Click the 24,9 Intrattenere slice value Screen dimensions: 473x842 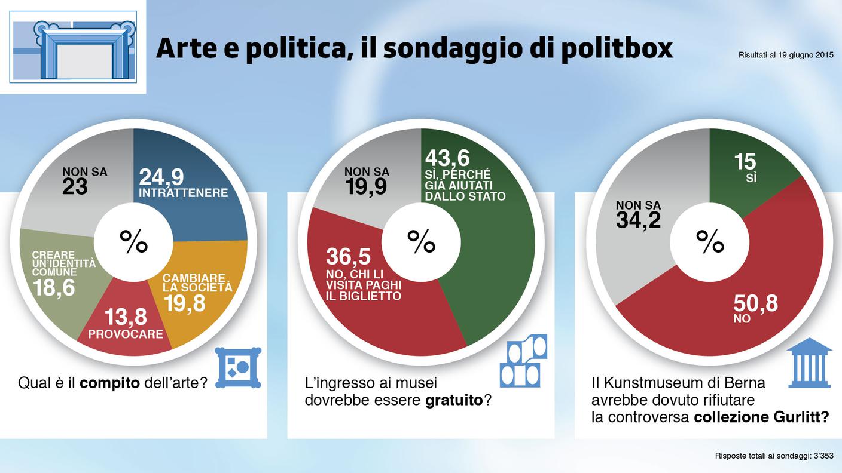161,177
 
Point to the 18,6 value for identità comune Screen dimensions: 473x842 54,288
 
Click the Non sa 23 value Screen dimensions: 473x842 75,187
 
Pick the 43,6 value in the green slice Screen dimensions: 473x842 447,159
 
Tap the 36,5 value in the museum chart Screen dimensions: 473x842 348,256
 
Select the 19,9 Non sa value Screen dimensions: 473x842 366,187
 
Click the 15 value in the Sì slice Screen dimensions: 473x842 746,161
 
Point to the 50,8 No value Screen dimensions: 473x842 755,304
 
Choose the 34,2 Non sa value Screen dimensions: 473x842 638,220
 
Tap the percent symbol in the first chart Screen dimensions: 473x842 133,241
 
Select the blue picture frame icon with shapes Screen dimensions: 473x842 237,367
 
